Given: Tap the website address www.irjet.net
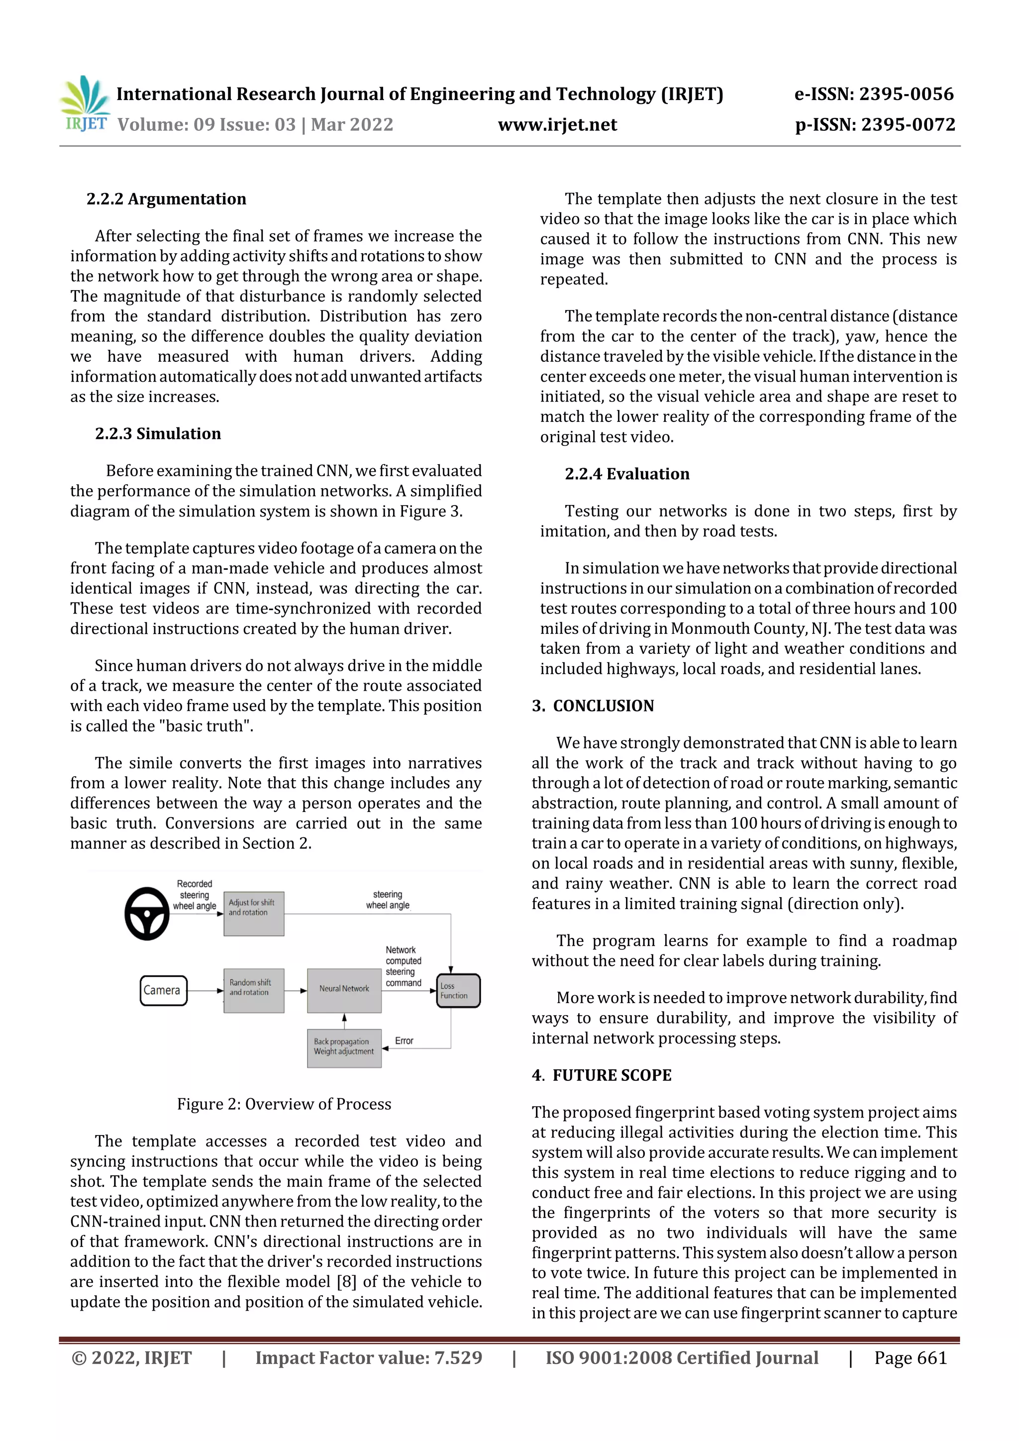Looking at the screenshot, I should coord(557,125).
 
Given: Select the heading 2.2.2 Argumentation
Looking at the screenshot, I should coord(166,199).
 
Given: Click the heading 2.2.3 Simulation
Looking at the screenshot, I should coord(158,434).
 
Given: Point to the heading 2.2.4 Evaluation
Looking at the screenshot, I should coord(626,474).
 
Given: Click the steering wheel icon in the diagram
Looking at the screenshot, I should coord(147,913).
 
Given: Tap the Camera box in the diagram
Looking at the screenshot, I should coord(163,990).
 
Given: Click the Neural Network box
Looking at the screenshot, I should coord(344,990).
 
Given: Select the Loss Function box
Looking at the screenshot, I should coord(458,990).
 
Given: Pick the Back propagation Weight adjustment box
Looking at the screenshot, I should coord(344,1047).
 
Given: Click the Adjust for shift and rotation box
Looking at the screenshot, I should coord(253,913).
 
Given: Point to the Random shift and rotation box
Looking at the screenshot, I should coord(253,990).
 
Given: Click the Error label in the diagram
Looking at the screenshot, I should coord(404,1040).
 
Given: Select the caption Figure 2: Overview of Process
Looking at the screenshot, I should coord(284,1104).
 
